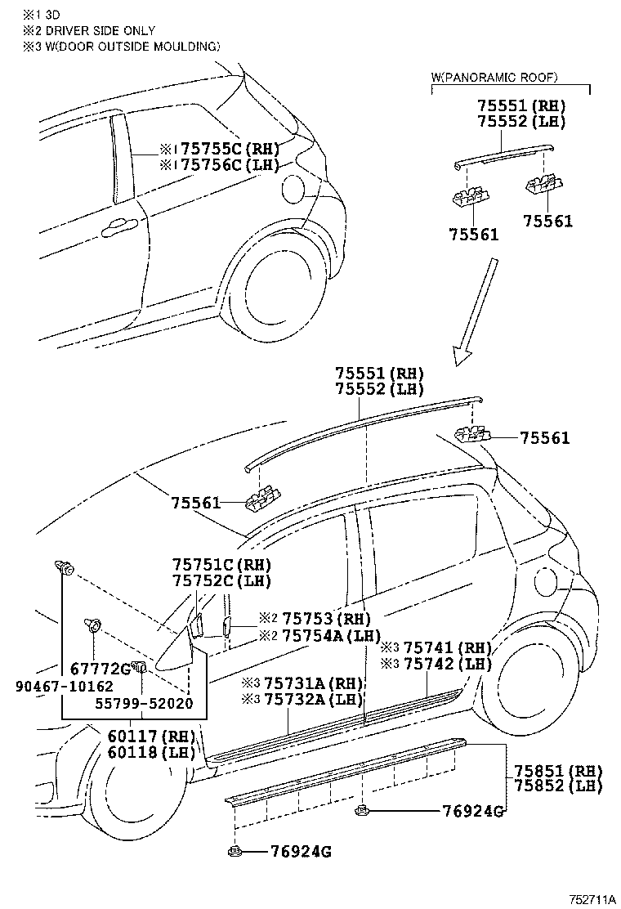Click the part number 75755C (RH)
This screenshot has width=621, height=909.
229,149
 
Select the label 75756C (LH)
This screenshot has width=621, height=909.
229,164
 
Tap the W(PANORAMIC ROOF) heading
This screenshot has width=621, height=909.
494,77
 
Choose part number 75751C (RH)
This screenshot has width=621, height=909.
221,565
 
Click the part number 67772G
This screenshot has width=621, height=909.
101,669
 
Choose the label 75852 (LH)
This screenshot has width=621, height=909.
558,786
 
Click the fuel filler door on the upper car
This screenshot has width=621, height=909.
291,189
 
